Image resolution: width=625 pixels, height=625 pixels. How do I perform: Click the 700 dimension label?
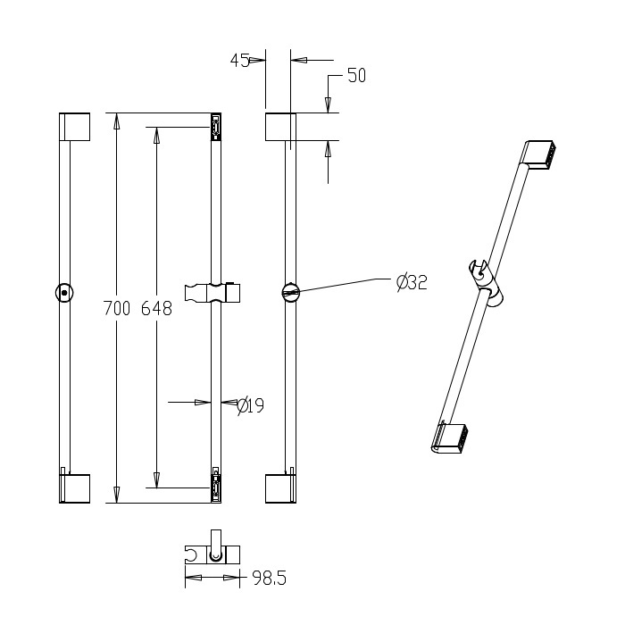(x=117, y=309)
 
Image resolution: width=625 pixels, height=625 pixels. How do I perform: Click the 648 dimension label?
(x=156, y=309)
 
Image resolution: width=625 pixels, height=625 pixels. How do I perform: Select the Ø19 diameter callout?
(x=251, y=405)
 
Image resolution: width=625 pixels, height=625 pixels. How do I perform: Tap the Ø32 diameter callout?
(x=412, y=282)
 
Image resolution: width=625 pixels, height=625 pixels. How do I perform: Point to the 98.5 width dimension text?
(x=270, y=579)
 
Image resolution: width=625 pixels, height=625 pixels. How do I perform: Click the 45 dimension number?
(x=240, y=61)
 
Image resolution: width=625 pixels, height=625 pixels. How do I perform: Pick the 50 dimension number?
(x=357, y=76)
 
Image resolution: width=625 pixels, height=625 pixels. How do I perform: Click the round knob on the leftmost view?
(x=64, y=293)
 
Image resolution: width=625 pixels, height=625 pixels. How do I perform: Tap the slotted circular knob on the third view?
(x=290, y=293)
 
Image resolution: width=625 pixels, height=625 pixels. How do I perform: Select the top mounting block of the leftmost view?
(x=74, y=127)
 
